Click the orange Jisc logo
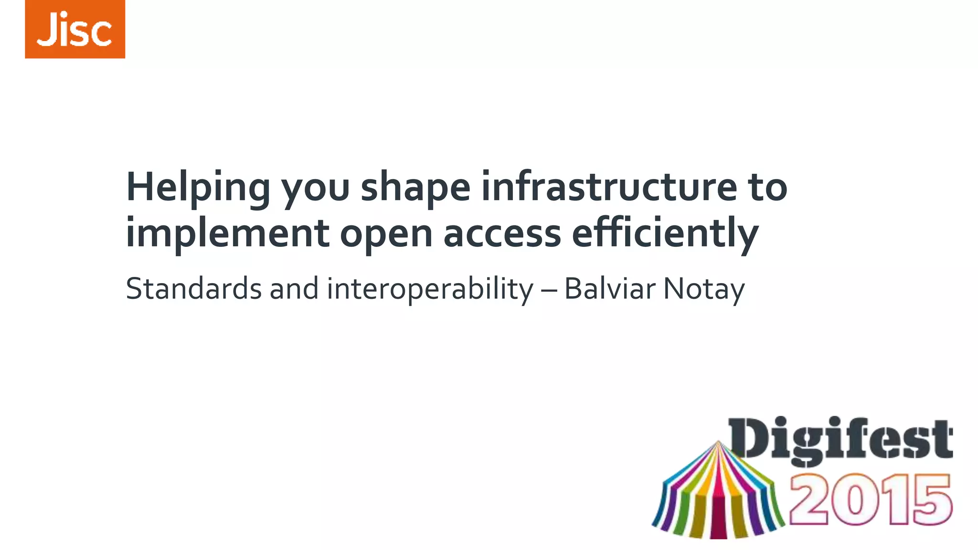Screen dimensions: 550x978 tap(75, 29)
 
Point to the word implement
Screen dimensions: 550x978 tap(227, 234)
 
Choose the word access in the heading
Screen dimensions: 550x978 tap(502, 234)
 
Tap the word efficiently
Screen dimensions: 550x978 tap(665, 234)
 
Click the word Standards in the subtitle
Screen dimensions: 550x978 tap(193, 289)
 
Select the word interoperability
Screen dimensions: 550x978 tap(430, 289)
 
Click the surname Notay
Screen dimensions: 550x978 tap(704, 289)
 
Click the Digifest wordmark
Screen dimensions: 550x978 tap(840, 439)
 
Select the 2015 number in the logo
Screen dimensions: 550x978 tap(870, 500)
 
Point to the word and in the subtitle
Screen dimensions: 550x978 tap(294, 289)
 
